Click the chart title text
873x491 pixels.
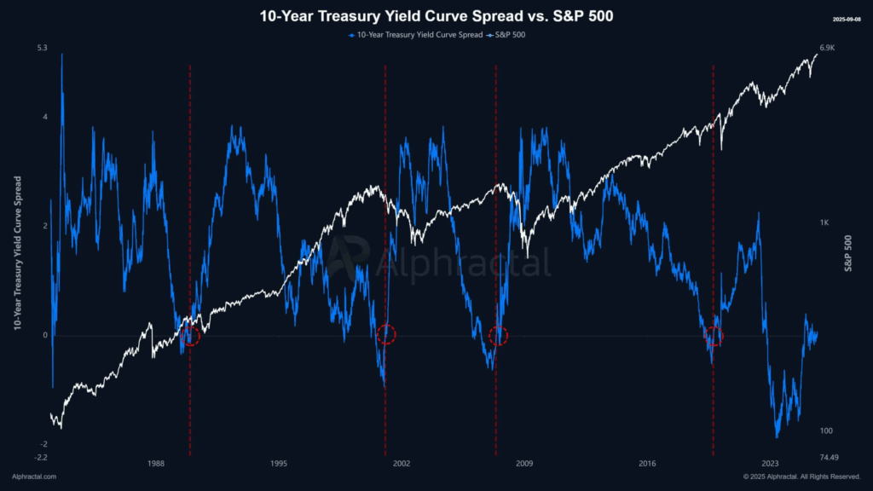pyautogui.click(x=436, y=16)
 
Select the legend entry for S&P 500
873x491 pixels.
pyautogui.click(x=506, y=35)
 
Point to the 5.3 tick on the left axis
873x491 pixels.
pyautogui.click(x=42, y=48)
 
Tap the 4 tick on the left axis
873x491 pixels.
pyautogui.click(x=44, y=118)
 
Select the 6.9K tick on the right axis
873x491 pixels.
pyautogui.click(x=827, y=48)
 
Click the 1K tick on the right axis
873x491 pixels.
pyautogui.click(x=824, y=222)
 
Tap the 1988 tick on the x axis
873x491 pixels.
pyautogui.click(x=155, y=464)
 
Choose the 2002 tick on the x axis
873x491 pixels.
pyautogui.click(x=402, y=464)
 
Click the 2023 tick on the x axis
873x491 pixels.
pyautogui.click(x=770, y=464)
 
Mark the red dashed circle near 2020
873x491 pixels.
pyautogui.click(x=714, y=336)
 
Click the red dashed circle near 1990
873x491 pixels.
pyautogui.click(x=190, y=336)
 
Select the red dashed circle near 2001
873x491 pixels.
pyautogui.click(x=386, y=334)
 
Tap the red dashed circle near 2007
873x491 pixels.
pyautogui.click(x=499, y=336)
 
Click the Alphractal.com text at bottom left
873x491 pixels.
pyautogui.click(x=34, y=477)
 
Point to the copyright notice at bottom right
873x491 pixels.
pyautogui.click(x=801, y=477)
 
